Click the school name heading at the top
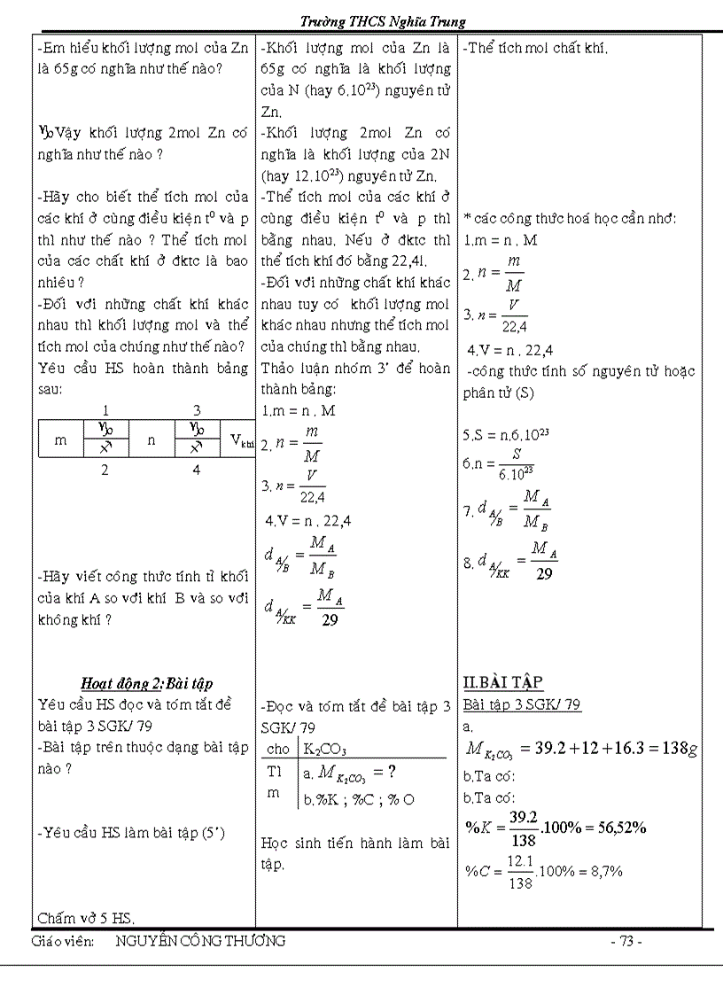pyautogui.click(x=382, y=21)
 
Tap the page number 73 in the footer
pyautogui.click(x=626, y=942)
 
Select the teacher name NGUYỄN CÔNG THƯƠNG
pyautogui.click(x=200, y=942)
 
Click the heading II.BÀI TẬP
pyautogui.click(x=502, y=682)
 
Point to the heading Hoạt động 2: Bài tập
pyautogui.click(x=146, y=683)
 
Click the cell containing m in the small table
pyautogui.click(x=60, y=439)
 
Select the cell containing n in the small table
pyautogui.click(x=152, y=439)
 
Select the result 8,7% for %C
pyautogui.click(x=604, y=871)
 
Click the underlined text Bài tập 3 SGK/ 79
pyautogui.click(x=522, y=705)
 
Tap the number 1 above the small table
pyautogui.click(x=105, y=410)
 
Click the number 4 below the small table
pyautogui.click(x=197, y=470)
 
